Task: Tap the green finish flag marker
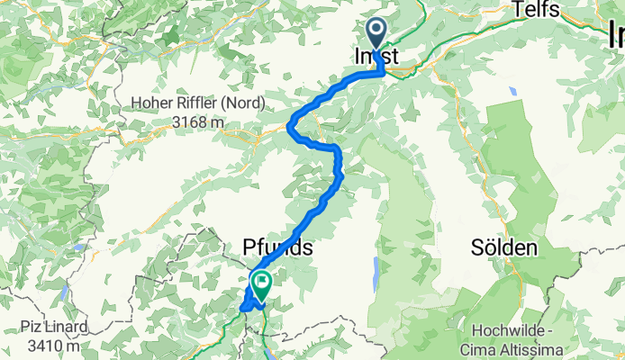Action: pyautogui.click(x=261, y=285)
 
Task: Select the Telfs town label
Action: pyautogui.click(x=537, y=11)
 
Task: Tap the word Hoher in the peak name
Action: pyautogui.click(x=155, y=103)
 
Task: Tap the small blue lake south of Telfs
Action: pyautogui.click(x=512, y=91)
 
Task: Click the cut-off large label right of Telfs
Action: pyautogui.click(x=616, y=36)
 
